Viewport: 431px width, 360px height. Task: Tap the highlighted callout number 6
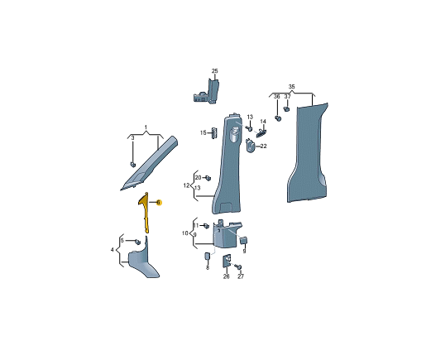pos(158,203)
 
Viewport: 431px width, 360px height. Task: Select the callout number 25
pos(214,71)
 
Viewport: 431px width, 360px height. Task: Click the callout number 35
pos(291,87)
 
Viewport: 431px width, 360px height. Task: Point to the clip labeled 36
pos(278,118)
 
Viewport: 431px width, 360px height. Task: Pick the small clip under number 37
pos(286,108)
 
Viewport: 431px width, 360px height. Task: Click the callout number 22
pos(263,146)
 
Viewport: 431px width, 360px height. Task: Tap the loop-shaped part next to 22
pos(250,145)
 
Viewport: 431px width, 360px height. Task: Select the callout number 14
pos(263,122)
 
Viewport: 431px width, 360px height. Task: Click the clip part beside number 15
pos(213,133)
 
